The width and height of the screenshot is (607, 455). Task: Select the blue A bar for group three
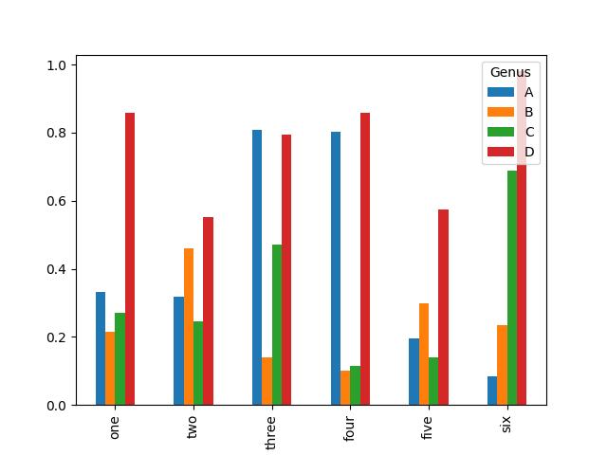pos(257,267)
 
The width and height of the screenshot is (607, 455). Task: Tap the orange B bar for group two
pos(189,326)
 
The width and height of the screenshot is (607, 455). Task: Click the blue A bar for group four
pos(336,268)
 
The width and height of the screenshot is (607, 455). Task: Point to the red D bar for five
pos(443,307)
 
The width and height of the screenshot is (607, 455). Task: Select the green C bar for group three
pos(277,324)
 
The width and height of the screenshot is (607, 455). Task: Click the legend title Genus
pos(509,72)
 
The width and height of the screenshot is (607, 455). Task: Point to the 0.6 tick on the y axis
pos(54,201)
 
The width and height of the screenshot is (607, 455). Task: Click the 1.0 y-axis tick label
pos(54,65)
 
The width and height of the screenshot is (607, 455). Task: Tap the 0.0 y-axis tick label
pos(54,406)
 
